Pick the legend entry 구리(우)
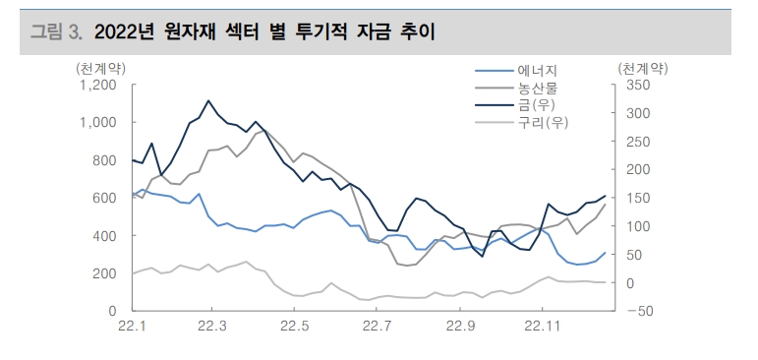(x=543, y=123)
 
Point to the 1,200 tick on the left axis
(x=97, y=86)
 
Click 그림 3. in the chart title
(x=56, y=32)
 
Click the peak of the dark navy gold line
(x=208, y=100)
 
